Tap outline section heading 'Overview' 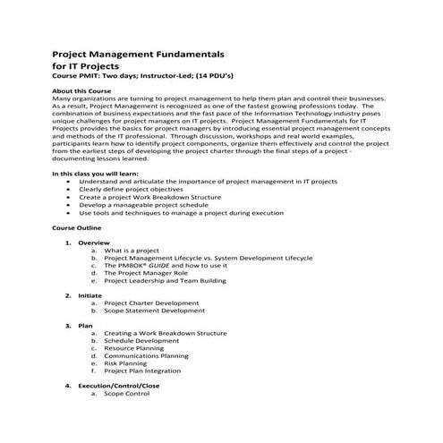(93, 243)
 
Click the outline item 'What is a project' (132, 251)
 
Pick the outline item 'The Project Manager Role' (143, 273)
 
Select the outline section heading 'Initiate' (90, 295)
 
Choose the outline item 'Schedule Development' (141, 341)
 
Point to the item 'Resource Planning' (135, 348)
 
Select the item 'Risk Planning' (125, 363)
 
